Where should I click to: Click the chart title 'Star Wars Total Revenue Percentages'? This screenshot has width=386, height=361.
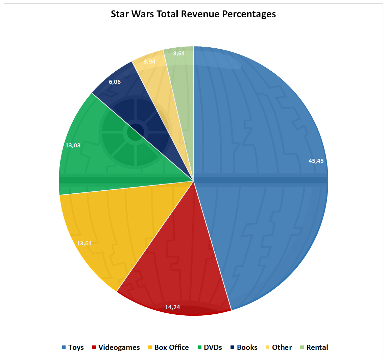click(193, 14)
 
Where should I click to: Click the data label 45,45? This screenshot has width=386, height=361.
click(316, 161)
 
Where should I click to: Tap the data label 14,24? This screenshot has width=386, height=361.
click(172, 307)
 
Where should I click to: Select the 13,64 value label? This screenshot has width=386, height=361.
click(84, 243)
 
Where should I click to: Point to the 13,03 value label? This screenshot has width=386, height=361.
click(73, 145)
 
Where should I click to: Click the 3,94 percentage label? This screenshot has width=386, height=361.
click(149, 62)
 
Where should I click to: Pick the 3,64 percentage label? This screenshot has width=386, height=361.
click(179, 53)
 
